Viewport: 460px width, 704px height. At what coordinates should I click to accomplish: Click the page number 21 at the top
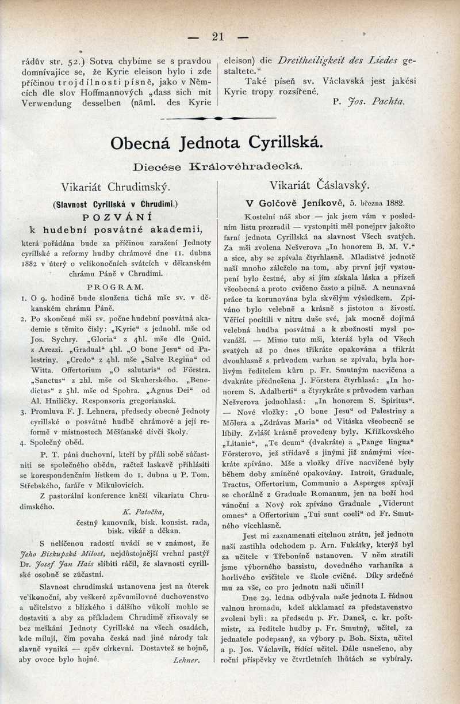click(218, 36)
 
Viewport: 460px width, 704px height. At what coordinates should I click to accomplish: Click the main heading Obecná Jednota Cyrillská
click(217, 143)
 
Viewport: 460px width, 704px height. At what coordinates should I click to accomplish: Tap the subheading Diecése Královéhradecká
click(217, 167)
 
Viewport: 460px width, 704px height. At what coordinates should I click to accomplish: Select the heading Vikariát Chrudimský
click(116, 187)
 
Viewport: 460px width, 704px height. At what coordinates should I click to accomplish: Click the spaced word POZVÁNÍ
click(115, 217)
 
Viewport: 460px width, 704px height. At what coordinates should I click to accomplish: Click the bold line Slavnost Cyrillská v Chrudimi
click(115, 204)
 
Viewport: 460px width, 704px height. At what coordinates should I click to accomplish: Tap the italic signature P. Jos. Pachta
click(369, 102)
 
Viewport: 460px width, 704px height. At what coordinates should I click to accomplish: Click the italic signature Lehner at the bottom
click(186, 660)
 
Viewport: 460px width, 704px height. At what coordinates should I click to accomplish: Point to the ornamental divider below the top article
click(218, 118)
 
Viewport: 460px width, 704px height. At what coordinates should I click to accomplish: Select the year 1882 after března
click(392, 203)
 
